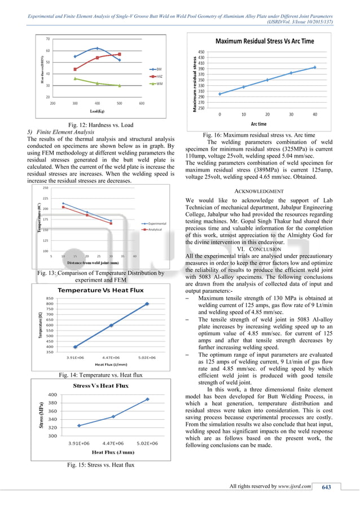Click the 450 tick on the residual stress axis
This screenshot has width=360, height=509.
tap(201, 51)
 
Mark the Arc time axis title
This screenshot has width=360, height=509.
tap(258, 124)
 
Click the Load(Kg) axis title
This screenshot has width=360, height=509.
tap(98, 112)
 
